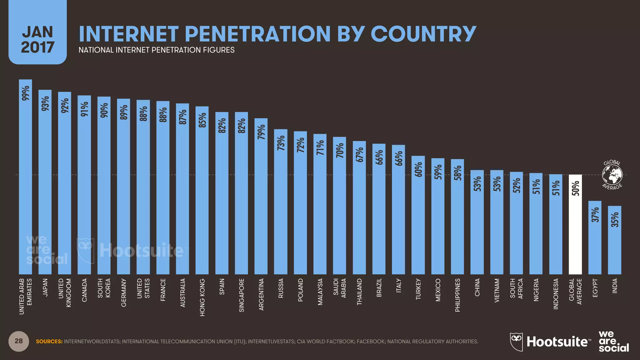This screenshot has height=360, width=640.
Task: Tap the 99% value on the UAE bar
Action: tap(26, 93)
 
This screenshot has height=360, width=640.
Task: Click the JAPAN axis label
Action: tap(45, 287)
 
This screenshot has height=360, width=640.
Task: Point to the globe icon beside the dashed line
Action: tap(612, 175)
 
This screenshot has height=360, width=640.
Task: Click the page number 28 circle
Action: tap(19, 341)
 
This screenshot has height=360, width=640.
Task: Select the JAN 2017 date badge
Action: tap(37, 39)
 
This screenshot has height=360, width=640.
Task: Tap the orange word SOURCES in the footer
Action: tap(49, 342)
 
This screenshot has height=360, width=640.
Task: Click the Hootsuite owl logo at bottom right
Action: tap(516, 342)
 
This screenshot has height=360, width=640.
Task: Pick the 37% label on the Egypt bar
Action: tap(595, 215)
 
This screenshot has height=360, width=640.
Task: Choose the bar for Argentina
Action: tap(261, 200)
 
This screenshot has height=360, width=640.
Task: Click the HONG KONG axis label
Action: tap(202, 297)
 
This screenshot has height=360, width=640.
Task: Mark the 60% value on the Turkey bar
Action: tap(418, 169)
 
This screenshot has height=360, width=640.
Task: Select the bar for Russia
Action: tap(281, 203)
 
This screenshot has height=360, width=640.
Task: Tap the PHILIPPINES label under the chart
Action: tap(457, 295)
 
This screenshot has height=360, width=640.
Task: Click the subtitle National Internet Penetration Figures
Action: tap(156, 50)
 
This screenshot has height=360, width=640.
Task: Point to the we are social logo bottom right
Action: tap(613, 341)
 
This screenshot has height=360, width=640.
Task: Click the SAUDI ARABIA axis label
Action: tap(339, 288)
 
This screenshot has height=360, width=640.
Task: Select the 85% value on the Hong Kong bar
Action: tap(202, 120)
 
